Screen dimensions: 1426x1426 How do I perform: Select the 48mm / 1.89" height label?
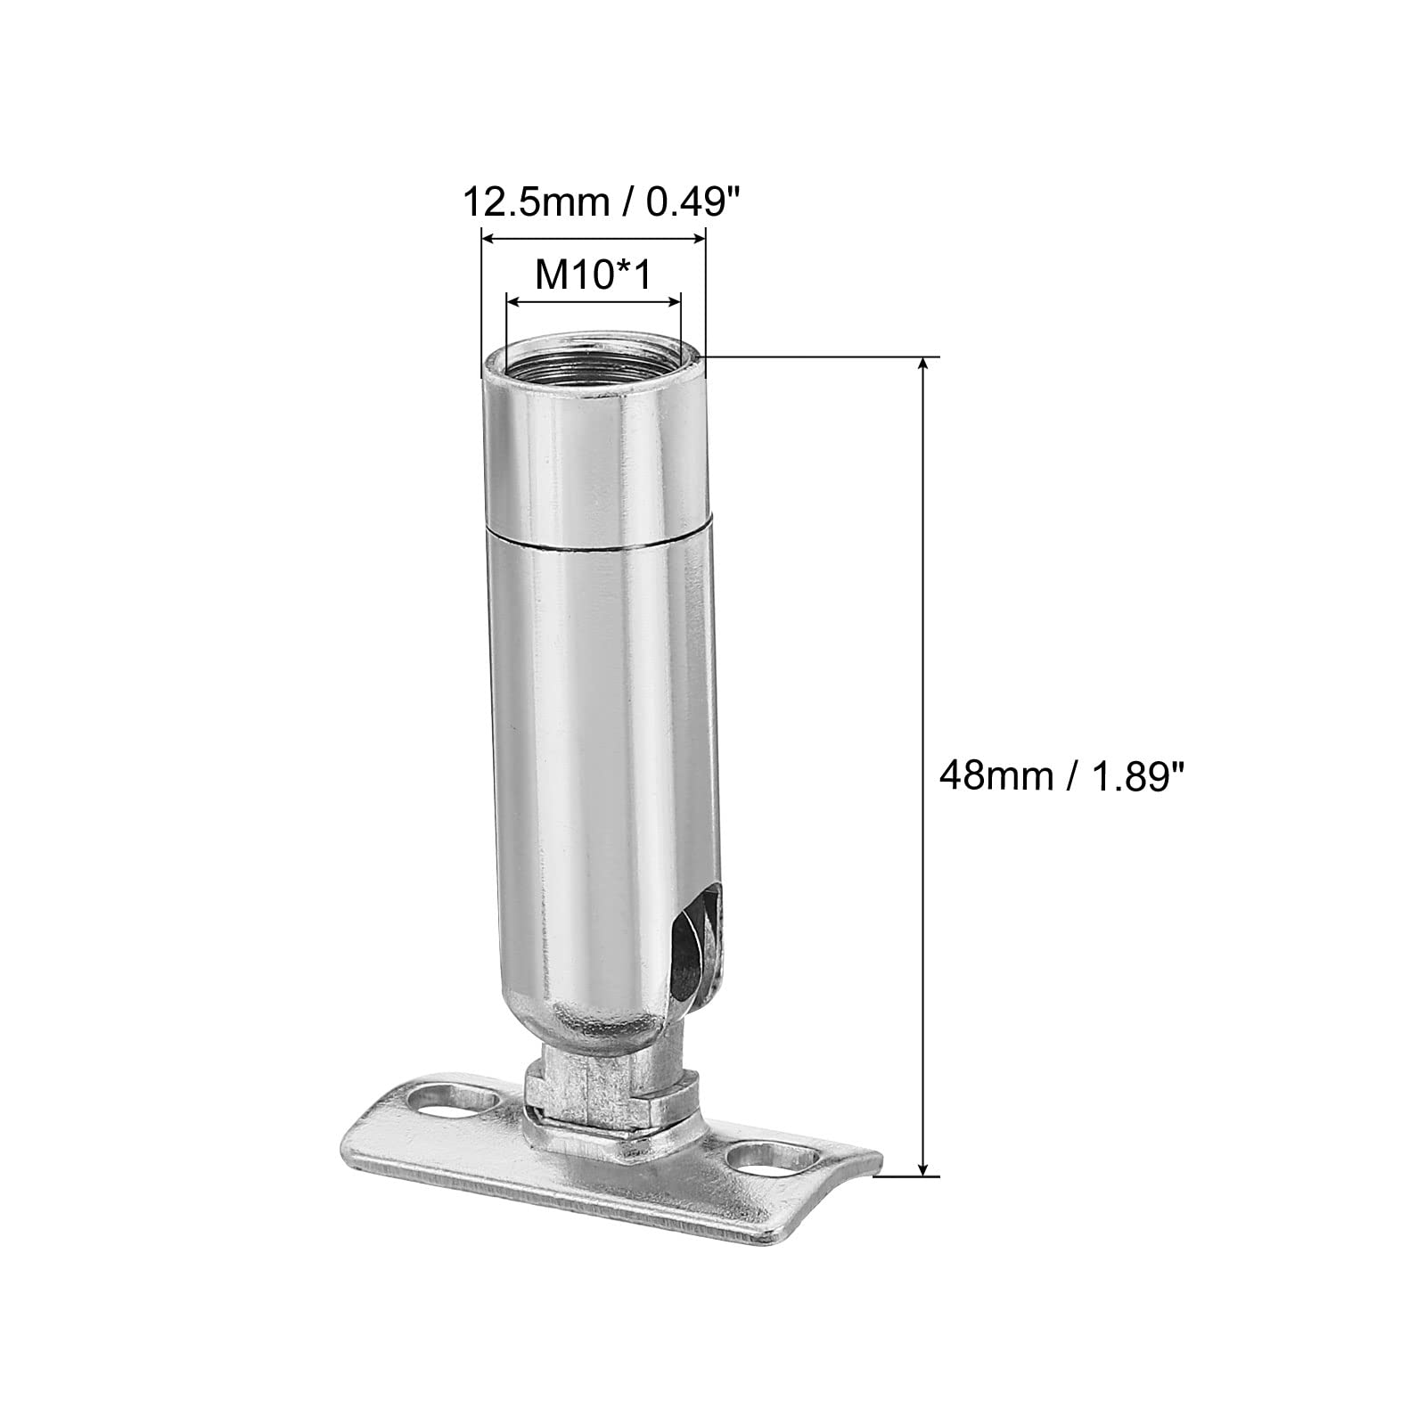1064,777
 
